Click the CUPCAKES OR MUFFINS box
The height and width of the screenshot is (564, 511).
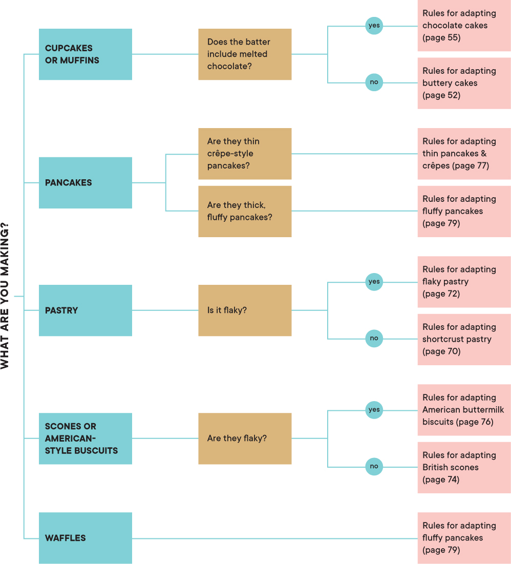coord(85,54)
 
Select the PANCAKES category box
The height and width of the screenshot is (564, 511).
coord(85,182)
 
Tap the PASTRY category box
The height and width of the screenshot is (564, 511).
coord(85,310)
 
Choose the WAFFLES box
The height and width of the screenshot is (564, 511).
coord(85,538)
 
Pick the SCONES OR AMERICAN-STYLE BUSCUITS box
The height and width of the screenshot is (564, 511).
coord(85,438)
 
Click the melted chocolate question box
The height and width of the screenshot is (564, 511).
coord(245,54)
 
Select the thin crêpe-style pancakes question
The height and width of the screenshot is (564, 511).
coord(245,154)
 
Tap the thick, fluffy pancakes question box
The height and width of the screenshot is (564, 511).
coord(245,211)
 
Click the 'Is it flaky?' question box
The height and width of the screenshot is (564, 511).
coord(245,310)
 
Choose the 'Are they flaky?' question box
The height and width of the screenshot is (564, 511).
coord(245,438)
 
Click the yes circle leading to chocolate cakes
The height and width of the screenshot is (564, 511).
coord(374,26)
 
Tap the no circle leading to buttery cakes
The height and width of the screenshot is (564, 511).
coord(374,82)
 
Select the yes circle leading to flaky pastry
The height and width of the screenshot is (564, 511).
coord(374,282)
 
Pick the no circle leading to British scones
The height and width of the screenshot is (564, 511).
coord(374,467)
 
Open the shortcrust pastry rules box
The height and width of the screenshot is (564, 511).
coord(464,339)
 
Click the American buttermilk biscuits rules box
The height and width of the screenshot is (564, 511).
coord(464,410)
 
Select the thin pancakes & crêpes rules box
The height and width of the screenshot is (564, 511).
coord(464,154)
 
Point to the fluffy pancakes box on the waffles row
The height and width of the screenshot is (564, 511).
coord(464,538)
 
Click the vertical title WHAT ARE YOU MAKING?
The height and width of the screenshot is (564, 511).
coord(5,296)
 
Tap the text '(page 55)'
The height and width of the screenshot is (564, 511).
coord(441,38)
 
